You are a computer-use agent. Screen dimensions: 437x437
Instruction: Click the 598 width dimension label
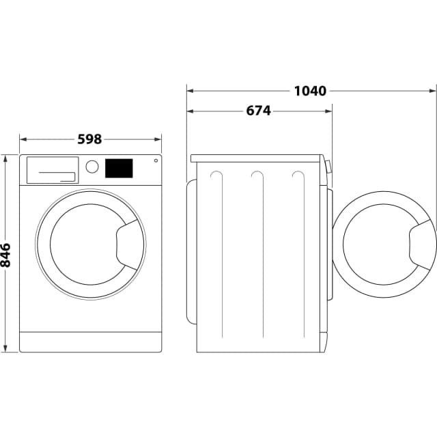point(89,139)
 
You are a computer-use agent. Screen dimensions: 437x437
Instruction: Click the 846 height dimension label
point(6,254)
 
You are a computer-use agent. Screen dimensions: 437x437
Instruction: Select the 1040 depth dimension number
point(310,90)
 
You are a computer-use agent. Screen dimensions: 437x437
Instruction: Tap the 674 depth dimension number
point(258,111)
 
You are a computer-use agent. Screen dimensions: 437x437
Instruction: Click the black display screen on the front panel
point(118,168)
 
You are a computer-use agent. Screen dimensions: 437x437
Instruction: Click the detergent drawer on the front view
point(51,169)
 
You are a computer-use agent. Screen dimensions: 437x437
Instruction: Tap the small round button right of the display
point(156,161)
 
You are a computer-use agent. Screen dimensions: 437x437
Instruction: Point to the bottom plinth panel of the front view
point(90,341)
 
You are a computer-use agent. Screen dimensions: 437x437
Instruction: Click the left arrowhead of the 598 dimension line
point(23,139)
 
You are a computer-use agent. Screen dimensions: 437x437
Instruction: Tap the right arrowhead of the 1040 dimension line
point(432,90)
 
